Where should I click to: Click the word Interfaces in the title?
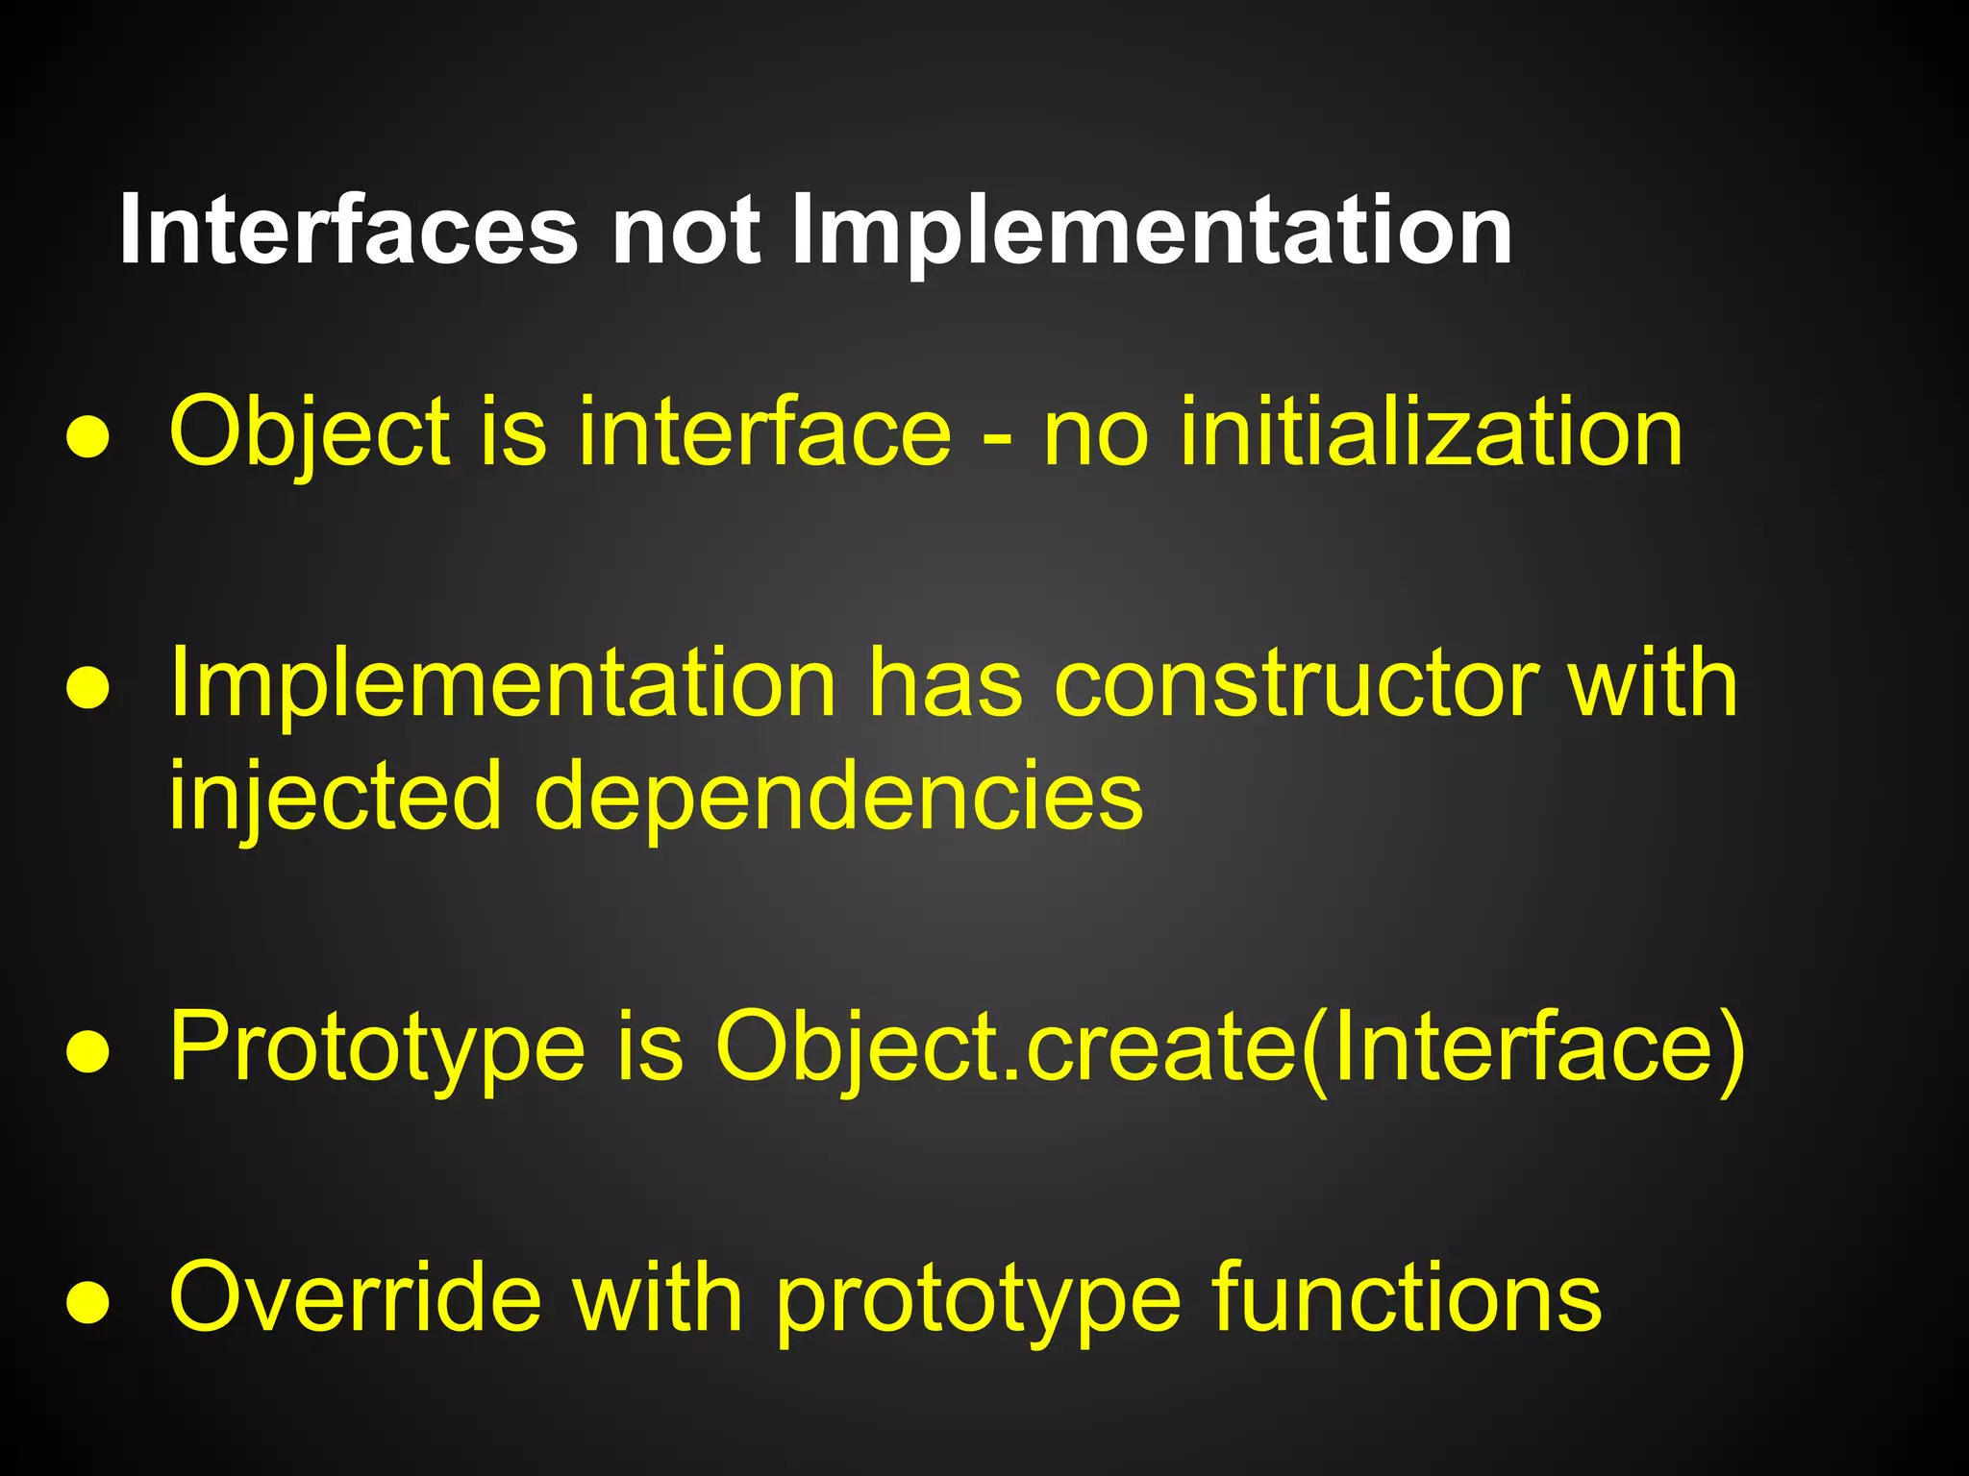348,232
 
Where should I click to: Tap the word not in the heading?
685,232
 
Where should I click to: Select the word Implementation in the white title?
1151,232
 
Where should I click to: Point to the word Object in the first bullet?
310,432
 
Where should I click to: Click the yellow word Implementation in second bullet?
503,684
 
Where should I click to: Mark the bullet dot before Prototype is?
87,1053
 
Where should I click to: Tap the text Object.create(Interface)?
1230,1047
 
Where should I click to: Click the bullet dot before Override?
87,1304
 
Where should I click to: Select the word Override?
355,1298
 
